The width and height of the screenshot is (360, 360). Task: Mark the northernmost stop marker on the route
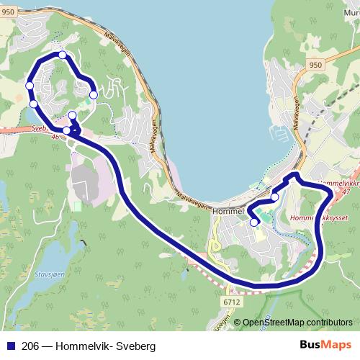point(63,55)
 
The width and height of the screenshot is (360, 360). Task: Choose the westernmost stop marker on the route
point(30,86)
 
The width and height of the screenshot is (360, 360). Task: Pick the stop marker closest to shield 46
point(67,130)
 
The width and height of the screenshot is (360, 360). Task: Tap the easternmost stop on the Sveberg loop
point(93,94)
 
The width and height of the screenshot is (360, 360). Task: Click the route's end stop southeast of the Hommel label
point(253,222)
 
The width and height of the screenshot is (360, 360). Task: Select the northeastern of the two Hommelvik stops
point(274,197)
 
